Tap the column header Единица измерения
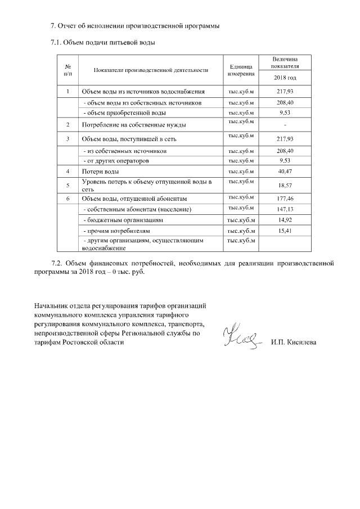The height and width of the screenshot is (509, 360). pyautogui.click(x=241, y=70)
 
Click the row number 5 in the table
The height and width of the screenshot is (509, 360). pyautogui.click(x=67, y=184)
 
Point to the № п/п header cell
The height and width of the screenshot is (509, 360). pyautogui.click(x=67, y=70)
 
